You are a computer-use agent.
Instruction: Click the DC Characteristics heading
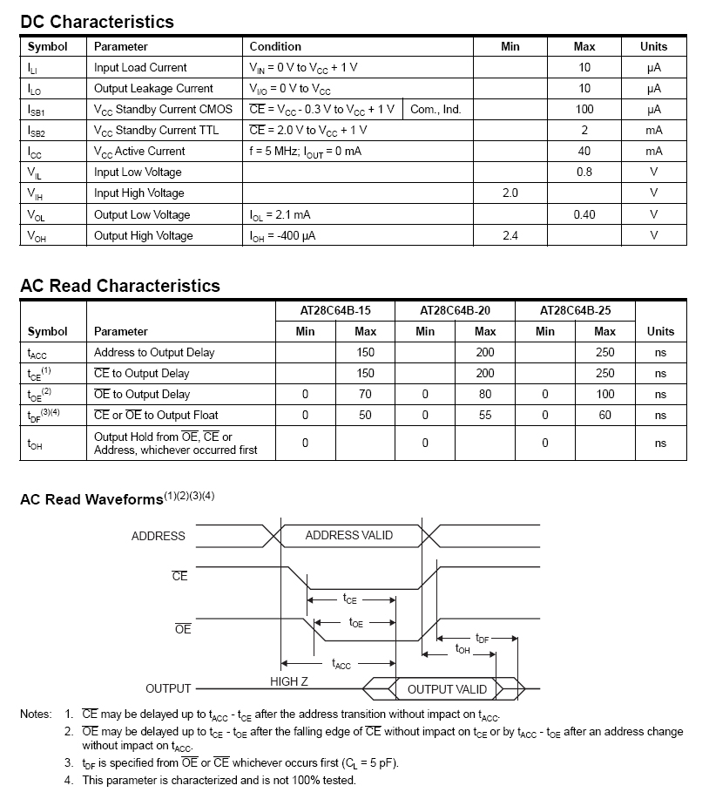(x=97, y=22)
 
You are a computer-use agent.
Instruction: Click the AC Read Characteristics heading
(x=120, y=286)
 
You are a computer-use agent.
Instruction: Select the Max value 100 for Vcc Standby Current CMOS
(x=584, y=109)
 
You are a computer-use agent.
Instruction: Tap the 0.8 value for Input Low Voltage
(x=584, y=172)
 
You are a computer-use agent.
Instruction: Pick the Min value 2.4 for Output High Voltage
(x=510, y=235)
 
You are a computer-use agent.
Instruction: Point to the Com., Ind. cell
(x=436, y=109)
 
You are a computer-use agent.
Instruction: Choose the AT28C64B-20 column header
(x=455, y=310)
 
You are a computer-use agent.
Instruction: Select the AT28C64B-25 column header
(x=575, y=310)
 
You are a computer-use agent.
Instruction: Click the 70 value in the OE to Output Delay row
(x=366, y=394)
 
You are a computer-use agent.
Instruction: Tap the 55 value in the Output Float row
(x=485, y=415)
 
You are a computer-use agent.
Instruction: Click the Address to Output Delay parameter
(x=154, y=352)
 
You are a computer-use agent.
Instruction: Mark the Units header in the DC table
(x=653, y=46)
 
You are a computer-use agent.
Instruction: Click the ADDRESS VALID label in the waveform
(x=348, y=535)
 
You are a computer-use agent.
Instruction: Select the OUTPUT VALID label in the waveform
(x=447, y=689)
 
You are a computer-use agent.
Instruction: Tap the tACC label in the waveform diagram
(x=341, y=666)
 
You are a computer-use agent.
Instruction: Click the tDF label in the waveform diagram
(x=483, y=639)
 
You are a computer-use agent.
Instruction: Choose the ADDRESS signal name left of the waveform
(x=158, y=536)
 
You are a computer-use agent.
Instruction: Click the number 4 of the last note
(x=69, y=780)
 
